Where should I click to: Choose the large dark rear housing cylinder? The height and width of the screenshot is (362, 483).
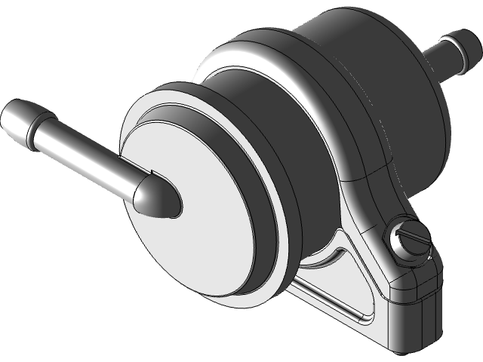[x=377, y=83]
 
